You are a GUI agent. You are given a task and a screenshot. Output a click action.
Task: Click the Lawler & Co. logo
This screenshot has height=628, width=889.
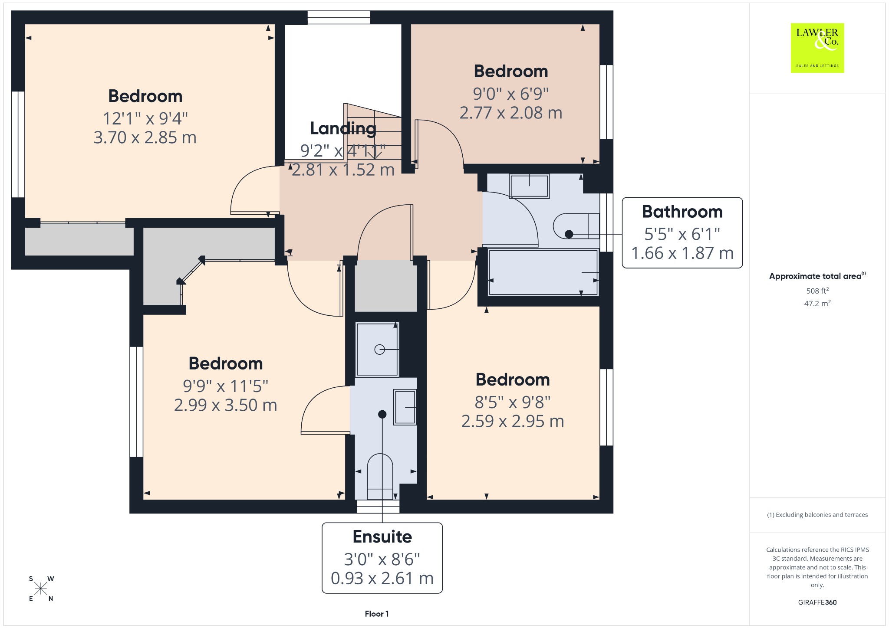tap(817, 48)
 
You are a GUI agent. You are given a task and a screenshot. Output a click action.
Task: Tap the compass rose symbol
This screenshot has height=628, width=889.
tap(41, 589)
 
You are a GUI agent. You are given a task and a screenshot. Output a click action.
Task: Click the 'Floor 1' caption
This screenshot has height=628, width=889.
tap(377, 614)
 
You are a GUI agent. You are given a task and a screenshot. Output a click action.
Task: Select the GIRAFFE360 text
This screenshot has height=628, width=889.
tap(817, 602)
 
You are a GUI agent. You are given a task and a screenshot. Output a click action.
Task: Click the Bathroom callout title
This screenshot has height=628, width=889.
tap(682, 212)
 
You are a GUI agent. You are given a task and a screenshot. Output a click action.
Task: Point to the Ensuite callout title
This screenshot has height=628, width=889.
tap(382, 536)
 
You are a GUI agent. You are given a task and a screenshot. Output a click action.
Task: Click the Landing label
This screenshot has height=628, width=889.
tap(343, 128)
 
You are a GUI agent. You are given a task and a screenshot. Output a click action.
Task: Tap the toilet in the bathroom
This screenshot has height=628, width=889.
tap(576, 226)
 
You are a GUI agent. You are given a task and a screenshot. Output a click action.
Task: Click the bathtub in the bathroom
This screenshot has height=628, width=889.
tap(543, 272)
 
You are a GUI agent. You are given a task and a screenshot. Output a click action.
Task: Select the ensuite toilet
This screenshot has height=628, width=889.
tap(380, 476)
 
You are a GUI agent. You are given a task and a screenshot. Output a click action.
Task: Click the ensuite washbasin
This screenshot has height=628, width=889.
tap(405, 407)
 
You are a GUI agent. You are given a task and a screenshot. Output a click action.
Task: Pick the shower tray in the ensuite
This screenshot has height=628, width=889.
tap(377, 349)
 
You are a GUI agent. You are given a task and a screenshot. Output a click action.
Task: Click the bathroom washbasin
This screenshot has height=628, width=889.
tap(529, 186)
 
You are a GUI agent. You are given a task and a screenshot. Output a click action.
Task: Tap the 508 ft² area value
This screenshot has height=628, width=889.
tap(817, 291)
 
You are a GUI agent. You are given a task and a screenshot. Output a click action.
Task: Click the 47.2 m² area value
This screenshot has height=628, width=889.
tap(817, 303)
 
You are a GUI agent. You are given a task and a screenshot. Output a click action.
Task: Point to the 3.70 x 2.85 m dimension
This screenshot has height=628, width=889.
tap(145, 137)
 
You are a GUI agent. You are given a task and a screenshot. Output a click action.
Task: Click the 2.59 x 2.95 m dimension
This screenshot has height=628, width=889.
tap(513, 421)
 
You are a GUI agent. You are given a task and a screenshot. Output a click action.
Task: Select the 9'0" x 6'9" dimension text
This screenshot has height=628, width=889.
tap(511, 93)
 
